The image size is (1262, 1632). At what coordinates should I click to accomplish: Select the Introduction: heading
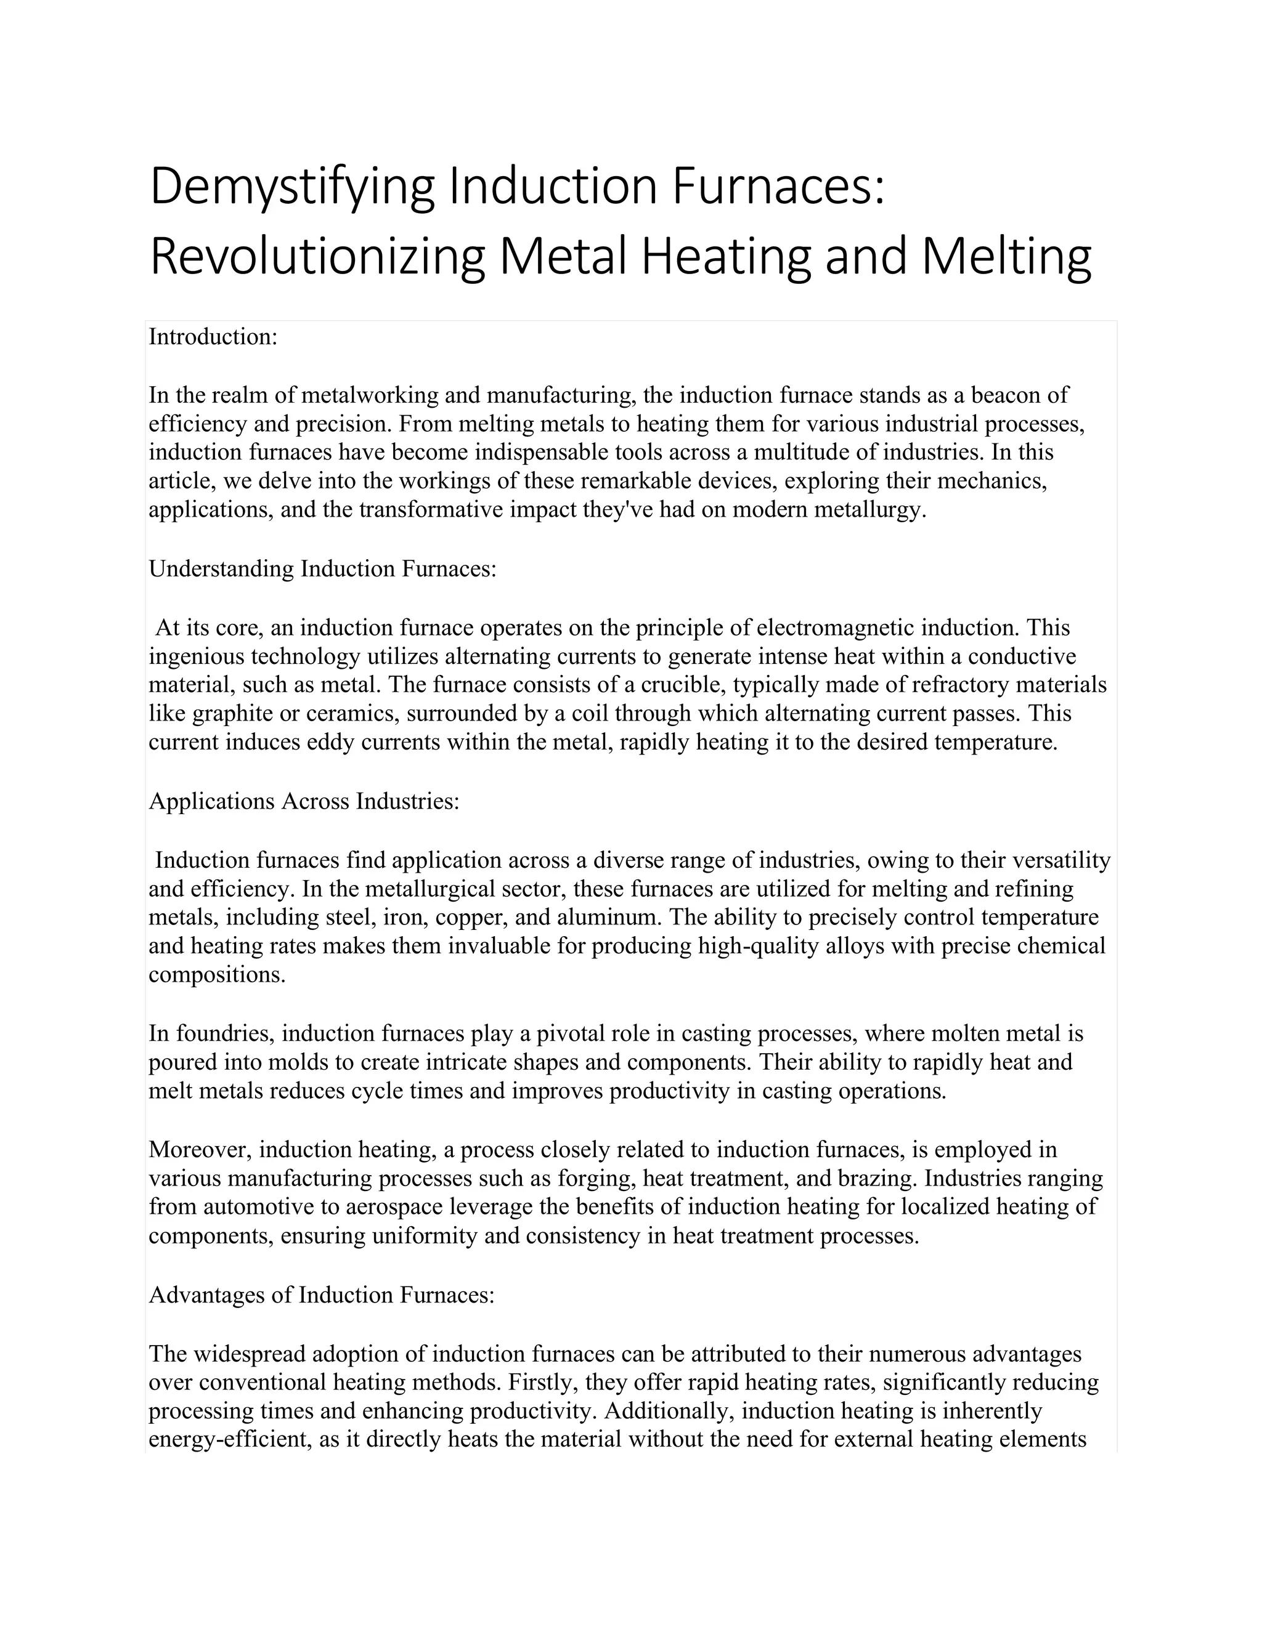coord(213,337)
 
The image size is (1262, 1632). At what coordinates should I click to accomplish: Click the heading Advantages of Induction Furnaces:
coord(322,1295)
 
